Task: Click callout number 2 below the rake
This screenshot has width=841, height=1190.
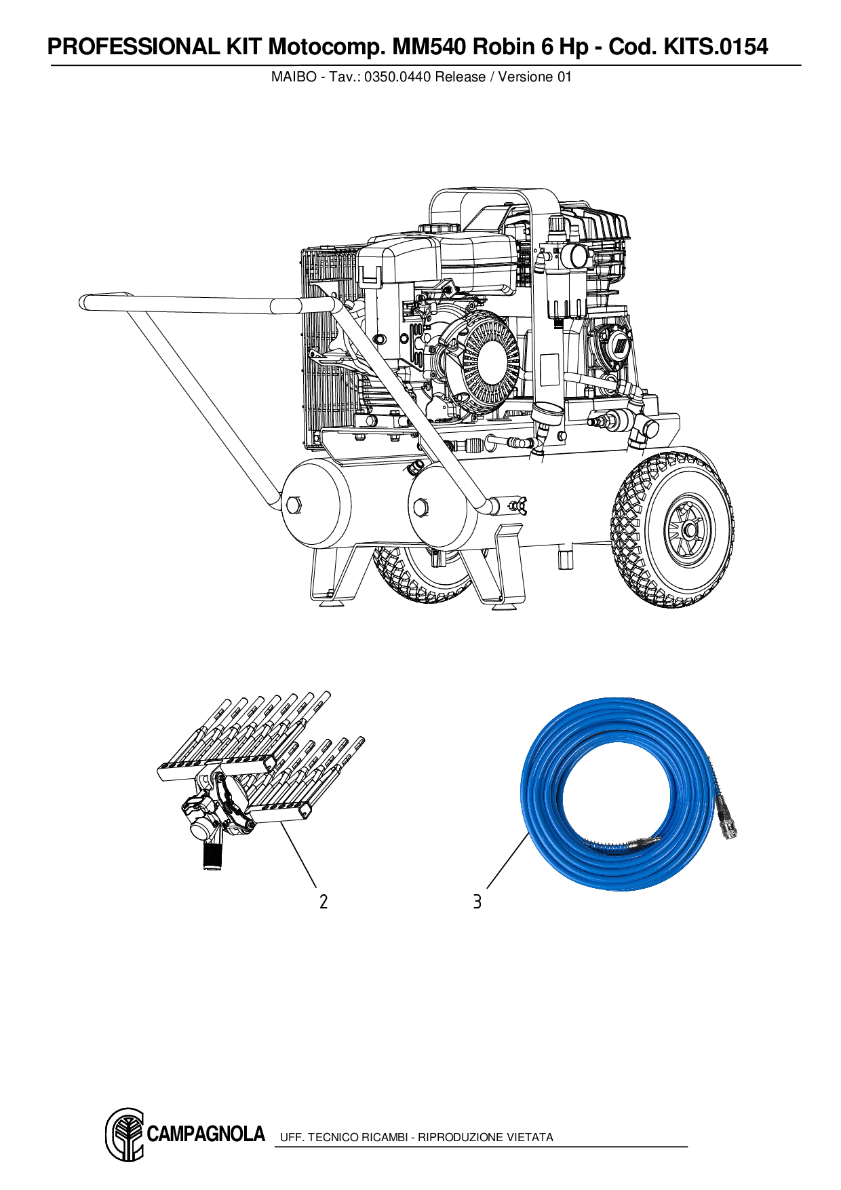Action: [324, 902]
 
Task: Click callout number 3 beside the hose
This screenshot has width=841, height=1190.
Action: [477, 902]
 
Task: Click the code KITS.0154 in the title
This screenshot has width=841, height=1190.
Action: [716, 47]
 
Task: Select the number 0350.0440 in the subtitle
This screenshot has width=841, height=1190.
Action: [397, 77]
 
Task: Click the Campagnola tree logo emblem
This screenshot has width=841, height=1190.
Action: [125, 1134]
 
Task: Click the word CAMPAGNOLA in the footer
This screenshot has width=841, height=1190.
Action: [206, 1134]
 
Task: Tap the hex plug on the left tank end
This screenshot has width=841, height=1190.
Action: [294, 505]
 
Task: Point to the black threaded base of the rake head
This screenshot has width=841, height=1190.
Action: [213, 856]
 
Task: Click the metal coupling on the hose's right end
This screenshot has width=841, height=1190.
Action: [726, 824]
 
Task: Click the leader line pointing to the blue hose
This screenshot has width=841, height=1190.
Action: [507, 860]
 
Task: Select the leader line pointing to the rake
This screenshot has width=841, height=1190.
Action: [298, 855]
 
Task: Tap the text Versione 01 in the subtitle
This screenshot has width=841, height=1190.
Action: [535, 77]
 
